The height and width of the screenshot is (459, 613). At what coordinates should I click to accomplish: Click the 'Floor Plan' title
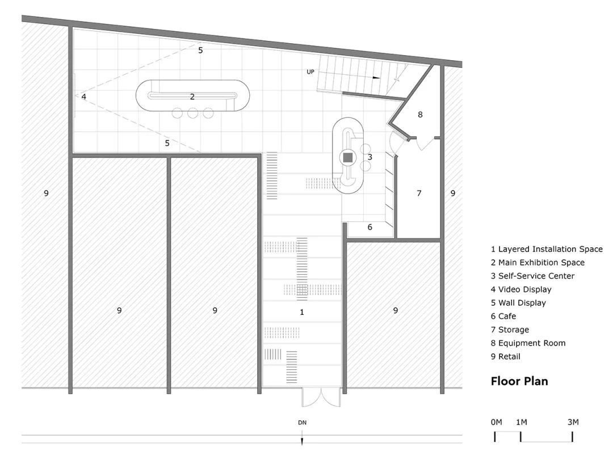tap(519, 381)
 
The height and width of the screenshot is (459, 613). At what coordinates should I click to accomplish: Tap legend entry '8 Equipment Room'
tap(528, 343)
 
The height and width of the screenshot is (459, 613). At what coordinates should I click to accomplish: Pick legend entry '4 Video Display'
tap(521, 289)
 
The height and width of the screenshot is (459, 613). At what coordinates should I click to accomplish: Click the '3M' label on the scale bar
tap(572, 422)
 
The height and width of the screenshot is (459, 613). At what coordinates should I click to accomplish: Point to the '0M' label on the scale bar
tap(497, 422)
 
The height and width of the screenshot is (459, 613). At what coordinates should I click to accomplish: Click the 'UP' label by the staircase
tap(310, 72)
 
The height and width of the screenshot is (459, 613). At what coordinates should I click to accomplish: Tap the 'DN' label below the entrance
tap(302, 423)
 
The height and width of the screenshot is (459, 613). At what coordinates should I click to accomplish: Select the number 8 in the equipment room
tap(420, 115)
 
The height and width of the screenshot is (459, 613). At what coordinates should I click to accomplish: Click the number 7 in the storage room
tap(419, 193)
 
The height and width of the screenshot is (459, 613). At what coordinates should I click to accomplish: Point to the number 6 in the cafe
tap(370, 227)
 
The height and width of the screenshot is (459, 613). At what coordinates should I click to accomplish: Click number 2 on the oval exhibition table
tap(192, 97)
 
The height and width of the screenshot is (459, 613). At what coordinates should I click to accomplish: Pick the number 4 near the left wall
tap(83, 97)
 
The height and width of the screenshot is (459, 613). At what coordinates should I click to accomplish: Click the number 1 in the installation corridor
tap(302, 312)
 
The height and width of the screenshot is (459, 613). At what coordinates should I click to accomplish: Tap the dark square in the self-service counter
tap(348, 157)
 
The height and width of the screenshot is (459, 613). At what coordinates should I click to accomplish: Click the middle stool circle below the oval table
tap(193, 113)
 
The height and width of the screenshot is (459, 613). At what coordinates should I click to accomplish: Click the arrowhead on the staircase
tap(376, 77)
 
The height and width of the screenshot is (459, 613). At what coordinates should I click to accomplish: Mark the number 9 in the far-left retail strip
tap(46, 193)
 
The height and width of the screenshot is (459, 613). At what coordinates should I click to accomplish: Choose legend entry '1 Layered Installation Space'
tap(547, 249)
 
